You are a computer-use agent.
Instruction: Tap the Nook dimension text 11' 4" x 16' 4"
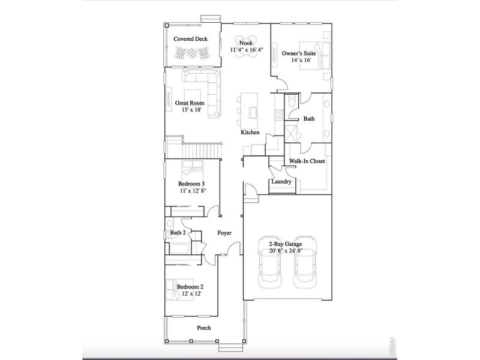(246, 50)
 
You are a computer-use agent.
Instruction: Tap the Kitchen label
(250, 133)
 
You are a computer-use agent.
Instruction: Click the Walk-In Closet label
(307, 161)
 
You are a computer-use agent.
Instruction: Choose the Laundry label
(281, 182)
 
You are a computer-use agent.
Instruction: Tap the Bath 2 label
(178, 232)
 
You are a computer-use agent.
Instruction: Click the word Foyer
(224, 233)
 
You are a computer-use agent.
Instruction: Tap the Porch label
(204, 328)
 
